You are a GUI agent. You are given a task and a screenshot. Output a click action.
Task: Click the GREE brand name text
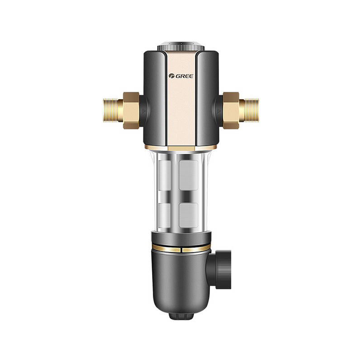[185, 76]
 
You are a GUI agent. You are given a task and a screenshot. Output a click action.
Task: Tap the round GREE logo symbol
[171, 76]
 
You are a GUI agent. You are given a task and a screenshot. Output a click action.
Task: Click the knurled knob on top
[181, 47]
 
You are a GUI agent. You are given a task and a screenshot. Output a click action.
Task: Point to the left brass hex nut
[131, 110]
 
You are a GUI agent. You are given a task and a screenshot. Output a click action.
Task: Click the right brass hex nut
[231, 110]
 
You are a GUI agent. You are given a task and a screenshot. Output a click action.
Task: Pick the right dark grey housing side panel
[208, 99]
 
